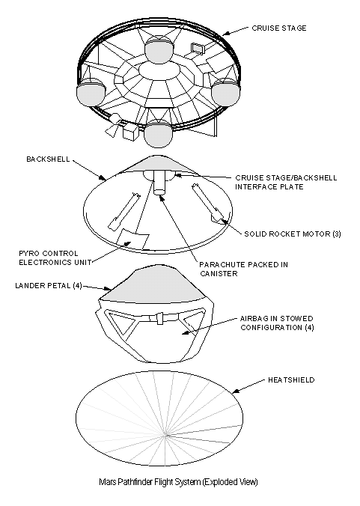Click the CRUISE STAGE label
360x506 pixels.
click(279, 28)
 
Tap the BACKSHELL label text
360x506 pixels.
click(48, 159)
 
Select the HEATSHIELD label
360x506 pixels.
click(291, 379)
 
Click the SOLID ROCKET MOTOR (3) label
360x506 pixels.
click(292, 234)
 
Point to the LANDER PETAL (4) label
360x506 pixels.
click(49, 286)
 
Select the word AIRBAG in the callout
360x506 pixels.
click(254, 319)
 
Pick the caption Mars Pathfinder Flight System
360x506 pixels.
click(150, 482)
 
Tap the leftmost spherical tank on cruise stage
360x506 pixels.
click(91, 92)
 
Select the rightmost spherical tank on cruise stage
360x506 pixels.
click(226, 91)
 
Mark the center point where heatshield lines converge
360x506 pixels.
click(166, 436)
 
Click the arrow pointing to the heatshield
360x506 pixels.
click(248, 386)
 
